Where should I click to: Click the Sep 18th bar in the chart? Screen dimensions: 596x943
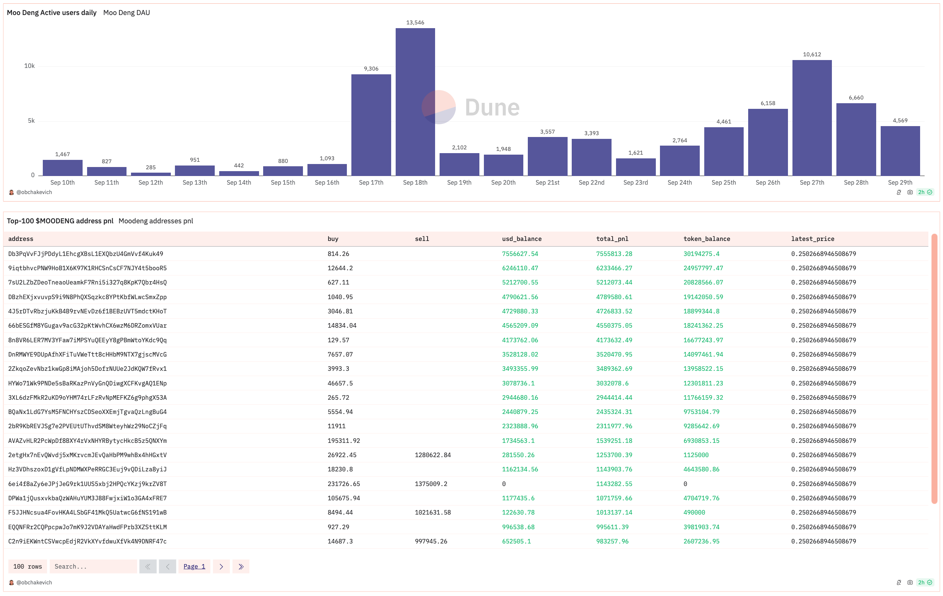point(415,102)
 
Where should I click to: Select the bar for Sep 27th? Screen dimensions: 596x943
point(812,117)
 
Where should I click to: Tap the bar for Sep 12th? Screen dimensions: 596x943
point(151,174)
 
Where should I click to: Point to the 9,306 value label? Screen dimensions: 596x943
point(371,69)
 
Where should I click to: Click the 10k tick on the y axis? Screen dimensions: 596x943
point(29,66)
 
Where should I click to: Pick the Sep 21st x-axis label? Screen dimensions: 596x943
point(547,182)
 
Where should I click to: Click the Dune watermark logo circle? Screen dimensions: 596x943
point(438,107)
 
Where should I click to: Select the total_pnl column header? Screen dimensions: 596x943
point(612,239)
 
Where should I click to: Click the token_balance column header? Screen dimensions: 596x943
point(706,239)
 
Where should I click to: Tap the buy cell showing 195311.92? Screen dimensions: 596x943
point(343,441)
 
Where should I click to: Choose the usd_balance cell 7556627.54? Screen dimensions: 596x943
point(520,254)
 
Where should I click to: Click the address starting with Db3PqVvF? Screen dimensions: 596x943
point(85,254)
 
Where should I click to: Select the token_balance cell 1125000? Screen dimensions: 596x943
point(696,455)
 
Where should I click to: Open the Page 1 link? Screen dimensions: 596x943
point(194,566)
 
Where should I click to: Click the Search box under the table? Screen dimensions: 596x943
point(93,566)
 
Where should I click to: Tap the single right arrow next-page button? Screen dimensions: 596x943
point(221,566)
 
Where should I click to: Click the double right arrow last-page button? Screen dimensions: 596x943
point(241,566)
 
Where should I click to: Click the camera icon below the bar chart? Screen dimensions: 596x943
point(910,192)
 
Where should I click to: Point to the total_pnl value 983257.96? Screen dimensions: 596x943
point(612,541)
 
